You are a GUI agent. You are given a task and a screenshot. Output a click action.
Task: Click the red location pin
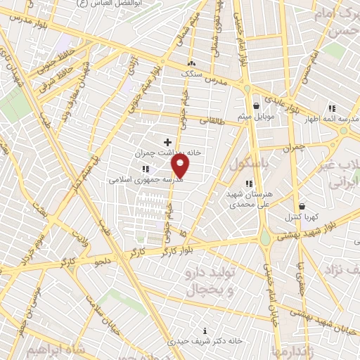pos(181,165)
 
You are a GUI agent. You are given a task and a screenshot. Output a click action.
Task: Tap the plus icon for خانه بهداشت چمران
pos(167,143)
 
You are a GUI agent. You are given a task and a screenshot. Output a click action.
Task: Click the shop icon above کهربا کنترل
pos(302,207)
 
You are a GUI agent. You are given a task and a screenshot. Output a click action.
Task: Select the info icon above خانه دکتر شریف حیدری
pos(205,330)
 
